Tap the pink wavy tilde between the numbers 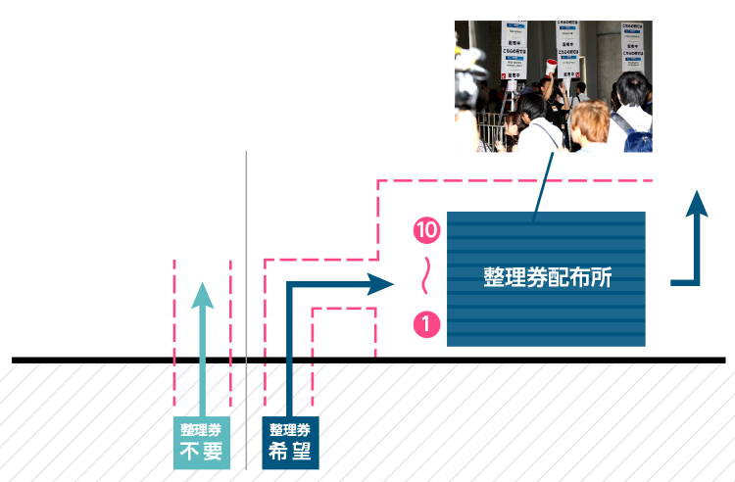click(426, 276)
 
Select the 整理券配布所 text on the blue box click(547, 277)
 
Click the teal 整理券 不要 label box click(202, 442)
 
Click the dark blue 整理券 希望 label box click(290, 442)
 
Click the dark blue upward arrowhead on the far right click(696, 204)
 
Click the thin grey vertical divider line click(246, 294)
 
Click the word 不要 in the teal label click(202, 452)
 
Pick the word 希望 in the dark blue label click(290, 452)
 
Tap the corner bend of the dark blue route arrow click(291, 286)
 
